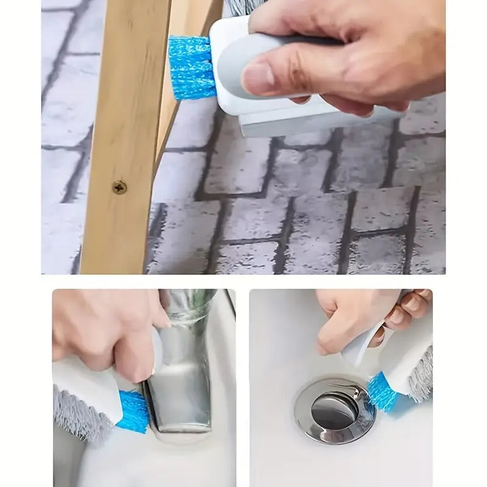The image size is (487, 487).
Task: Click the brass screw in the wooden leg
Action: tap(119, 187)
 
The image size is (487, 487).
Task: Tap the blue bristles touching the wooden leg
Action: tap(191, 67)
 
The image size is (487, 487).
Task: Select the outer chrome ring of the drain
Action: tap(304, 420)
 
